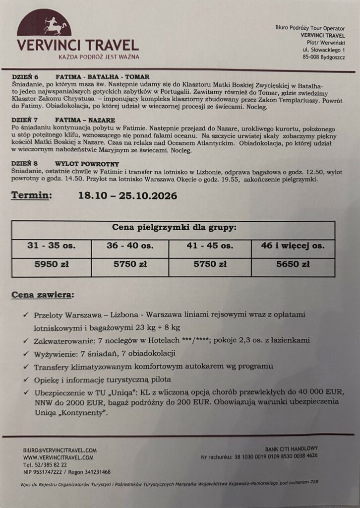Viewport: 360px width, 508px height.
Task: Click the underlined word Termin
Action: (x=31, y=196)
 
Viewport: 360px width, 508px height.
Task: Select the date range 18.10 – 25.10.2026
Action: (x=128, y=196)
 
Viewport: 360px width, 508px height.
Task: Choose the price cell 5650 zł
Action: (x=293, y=264)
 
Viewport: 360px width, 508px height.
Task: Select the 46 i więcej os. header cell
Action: (x=293, y=246)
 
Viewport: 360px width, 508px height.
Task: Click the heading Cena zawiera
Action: (x=43, y=295)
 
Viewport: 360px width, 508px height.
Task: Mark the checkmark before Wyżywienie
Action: (x=25, y=353)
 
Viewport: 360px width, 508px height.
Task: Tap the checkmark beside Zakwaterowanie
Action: (x=25, y=340)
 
